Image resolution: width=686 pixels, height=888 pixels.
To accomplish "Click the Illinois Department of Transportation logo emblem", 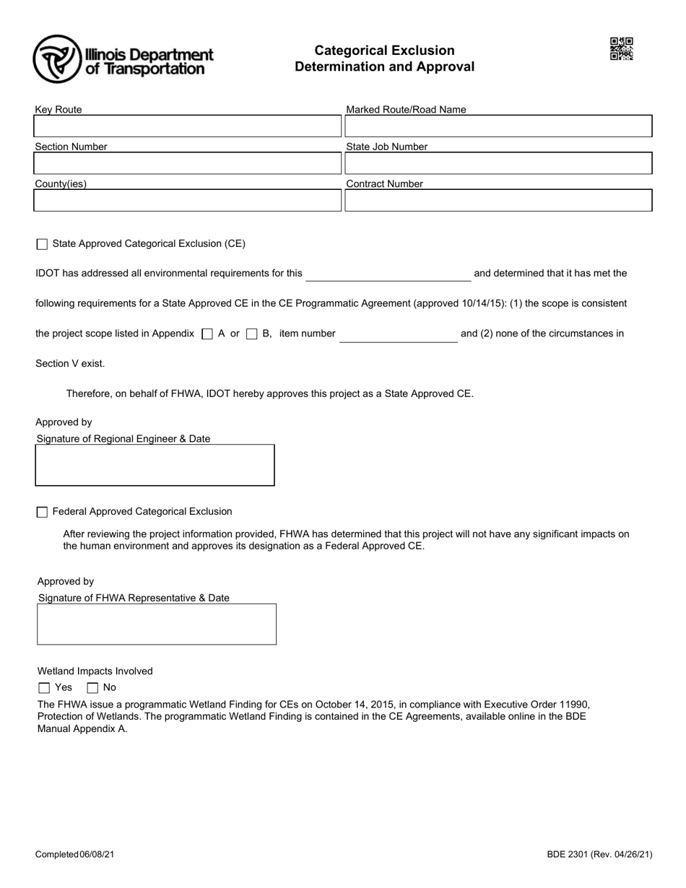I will [57, 58].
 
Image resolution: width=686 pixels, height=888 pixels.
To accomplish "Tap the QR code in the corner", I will [621, 49].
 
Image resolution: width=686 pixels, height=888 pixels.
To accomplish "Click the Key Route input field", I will [187, 126].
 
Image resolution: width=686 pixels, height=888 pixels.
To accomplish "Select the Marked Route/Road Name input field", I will [498, 126].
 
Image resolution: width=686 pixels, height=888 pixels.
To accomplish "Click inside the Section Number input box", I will [187, 163].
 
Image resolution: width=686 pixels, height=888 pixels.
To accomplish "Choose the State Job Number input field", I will [498, 163].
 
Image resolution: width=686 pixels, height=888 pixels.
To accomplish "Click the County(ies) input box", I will [187, 200].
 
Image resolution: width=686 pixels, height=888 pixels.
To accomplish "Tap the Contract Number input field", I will [498, 200].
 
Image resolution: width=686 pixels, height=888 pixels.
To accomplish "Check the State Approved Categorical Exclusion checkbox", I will [42, 245].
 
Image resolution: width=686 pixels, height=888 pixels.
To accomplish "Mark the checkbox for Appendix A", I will [207, 334].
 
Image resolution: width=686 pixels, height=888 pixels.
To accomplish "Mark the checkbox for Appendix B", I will [252, 334].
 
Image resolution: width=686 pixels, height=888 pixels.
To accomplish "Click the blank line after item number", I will [398, 336].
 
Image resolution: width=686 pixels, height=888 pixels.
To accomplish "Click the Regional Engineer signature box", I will [155, 465].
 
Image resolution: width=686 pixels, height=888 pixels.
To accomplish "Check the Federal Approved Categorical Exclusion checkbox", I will [42, 513].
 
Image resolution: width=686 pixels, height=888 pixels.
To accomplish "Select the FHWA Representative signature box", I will [157, 624].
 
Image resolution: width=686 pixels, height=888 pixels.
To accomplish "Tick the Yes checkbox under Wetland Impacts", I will [44, 688].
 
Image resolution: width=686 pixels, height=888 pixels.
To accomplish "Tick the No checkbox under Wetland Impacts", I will [92, 688].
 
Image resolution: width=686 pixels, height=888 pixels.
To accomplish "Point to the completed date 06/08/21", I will [97, 855].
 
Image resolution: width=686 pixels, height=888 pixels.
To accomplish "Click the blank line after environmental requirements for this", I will [388, 275].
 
